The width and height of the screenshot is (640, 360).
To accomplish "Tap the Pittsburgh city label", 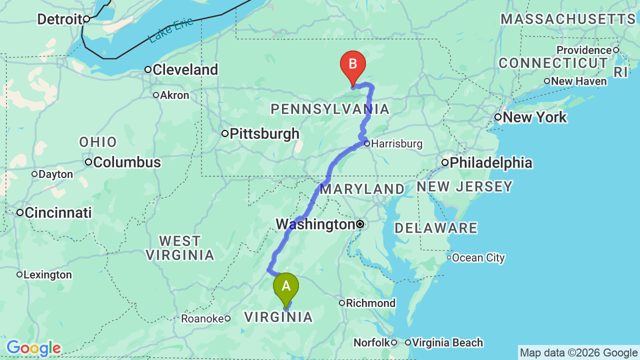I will pyautogui.click(x=264, y=133).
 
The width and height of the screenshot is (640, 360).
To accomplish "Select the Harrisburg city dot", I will pyautogui.click(x=367, y=143).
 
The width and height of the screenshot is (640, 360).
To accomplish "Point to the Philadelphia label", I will pyautogui.click(x=490, y=162).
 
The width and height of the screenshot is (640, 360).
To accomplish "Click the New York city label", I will pyautogui.click(x=534, y=117).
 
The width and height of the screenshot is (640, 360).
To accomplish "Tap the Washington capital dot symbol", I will pyautogui.click(x=360, y=224).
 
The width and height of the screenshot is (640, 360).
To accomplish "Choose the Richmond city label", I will pyautogui.click(x=370, y=303).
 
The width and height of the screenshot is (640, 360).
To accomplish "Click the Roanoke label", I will pyautogui.click(x=202, y=318).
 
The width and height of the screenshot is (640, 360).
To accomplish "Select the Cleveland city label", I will pyautogui.click(x=185, y=69).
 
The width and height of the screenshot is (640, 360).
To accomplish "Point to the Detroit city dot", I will pyautogui.click(x=86, y=19).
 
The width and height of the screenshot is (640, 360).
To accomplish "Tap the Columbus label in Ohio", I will pyautogui.click(x=127, y=162).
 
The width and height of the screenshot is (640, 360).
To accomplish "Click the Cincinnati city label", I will pyautogui.click(x=58, y=212).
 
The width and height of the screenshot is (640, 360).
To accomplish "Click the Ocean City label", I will pyautogui.click(x=478, y=258).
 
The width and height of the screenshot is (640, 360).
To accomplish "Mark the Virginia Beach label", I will pyautogui.click(x=447, y=342).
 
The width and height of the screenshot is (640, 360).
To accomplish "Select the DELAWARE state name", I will pyautogui.click(x=435, y=228).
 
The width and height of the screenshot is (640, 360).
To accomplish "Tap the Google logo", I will pyautogui.click(x=33, y=348).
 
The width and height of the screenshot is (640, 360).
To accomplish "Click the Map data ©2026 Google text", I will pyautogui.click(x=578, y=352).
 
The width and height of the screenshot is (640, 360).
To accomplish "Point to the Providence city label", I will pyautogui.click(x=584, y=50).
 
